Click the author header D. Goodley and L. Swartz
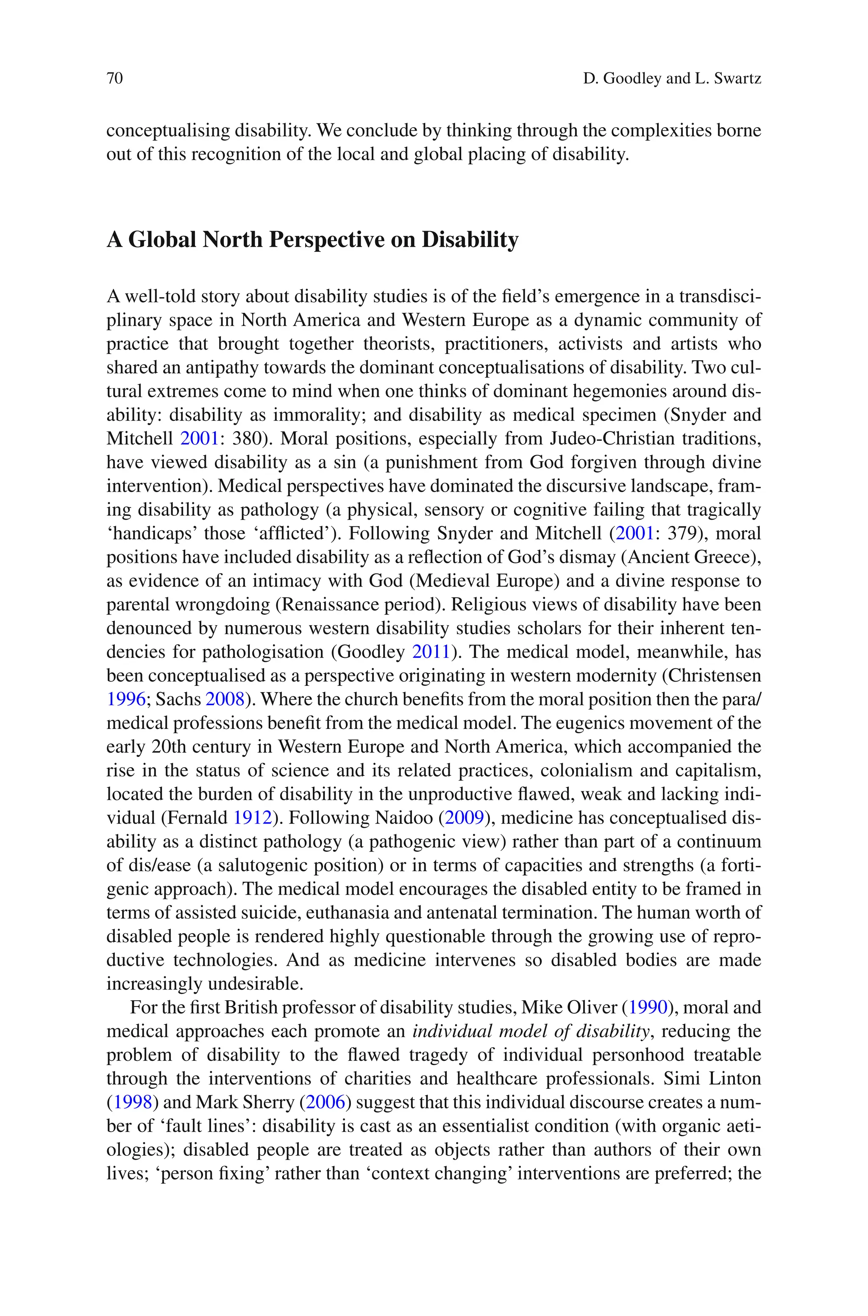coord(671,78)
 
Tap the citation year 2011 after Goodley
coord(431,652)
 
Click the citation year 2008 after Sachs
coord(225,699)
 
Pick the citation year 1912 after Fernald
coord(253,818)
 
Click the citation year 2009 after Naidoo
coord(465,818)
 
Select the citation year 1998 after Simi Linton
coord(132,1102)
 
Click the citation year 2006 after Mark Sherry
coord(325,1102)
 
